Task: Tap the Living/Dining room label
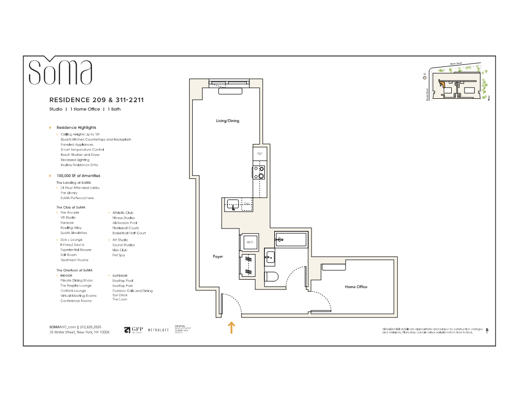pyautogui.click(x=228, y=121)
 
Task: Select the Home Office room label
pyautogui.click(x=356, y=287)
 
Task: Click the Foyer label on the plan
pyautogui.click(x=218, y=257)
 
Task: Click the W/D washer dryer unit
pyautogui.click(x=249, y=243)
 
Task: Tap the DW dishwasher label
pyautogui.click(x=247, y=203)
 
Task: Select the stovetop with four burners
pyautogui.click(x=259, y=173)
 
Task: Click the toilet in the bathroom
pyautogui.click(x=271, y=277)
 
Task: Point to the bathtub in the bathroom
pyautogui.click(x=290, y=240)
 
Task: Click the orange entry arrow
pyautogui.click(x=231, y=328)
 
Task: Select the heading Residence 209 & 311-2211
pyautogui.click(x=96, y=100)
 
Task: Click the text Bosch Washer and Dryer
pyautogui.click(x=80, y=155)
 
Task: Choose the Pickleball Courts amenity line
pyautogui.click(x=125, y=228)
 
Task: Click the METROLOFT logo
pyautogui.click(x=158, y=330)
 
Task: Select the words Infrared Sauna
pyautogui.click(x=72, y=245)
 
